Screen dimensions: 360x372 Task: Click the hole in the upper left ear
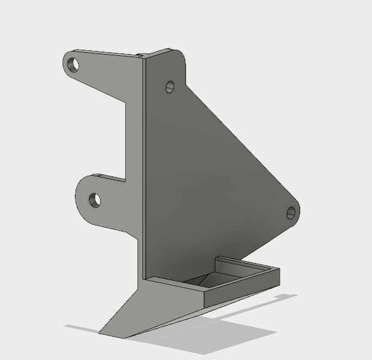tap(74, 64)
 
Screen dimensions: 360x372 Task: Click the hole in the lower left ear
tap(95, 200)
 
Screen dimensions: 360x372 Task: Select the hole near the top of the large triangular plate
tap(170, 87)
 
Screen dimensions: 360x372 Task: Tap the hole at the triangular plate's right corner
tap(291, 213)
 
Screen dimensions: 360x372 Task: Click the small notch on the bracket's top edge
tap(141, 55)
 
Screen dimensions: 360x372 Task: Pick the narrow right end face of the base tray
tap(280, 278)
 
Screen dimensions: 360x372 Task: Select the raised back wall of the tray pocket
tap(242, 265)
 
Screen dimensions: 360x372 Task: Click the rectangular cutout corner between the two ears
tap(126, 180)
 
